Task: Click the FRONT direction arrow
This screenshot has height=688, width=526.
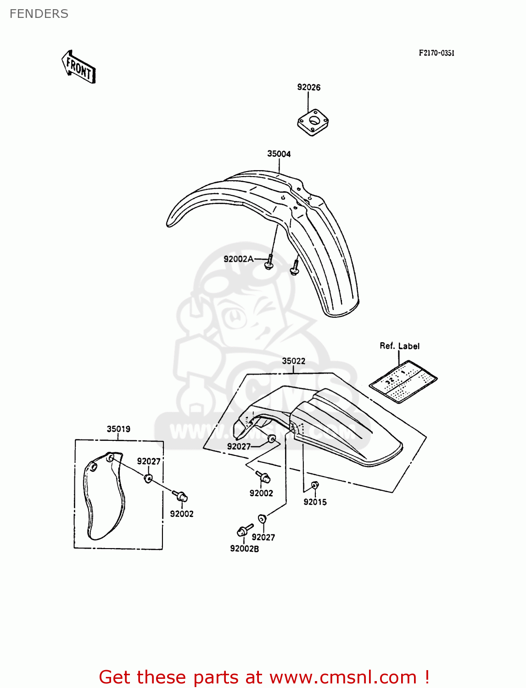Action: (x=79, y=67)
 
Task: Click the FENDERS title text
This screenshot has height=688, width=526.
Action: (x=39, y=14)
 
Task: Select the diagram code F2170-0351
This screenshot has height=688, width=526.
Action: (x=436, y=53)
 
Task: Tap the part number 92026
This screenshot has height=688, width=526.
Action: (x=308, y=87)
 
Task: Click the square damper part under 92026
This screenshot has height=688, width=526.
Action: (x=313, y=122)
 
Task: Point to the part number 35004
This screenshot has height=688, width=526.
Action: (x=279, y=154)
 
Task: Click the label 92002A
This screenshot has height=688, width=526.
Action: (x=238, y=259)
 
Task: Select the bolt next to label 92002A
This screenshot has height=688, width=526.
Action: (x=269, y=263)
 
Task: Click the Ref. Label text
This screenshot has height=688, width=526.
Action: (x=399, y=346)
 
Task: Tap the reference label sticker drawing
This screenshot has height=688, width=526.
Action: (x=403, y=381)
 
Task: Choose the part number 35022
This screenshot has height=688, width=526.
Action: (x=293, y=361)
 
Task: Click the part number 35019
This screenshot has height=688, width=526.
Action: (x=118, y=429)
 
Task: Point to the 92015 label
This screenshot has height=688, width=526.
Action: (x=315, y=502)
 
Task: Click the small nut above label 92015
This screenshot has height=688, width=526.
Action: (x=315, y=485)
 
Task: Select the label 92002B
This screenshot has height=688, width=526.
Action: (x=244, y=549)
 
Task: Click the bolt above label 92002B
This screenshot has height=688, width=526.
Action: (x=244, y=531)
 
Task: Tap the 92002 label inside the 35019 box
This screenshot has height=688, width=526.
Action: (x=182, y=514)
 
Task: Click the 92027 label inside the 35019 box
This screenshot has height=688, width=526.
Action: (x=149, y=461)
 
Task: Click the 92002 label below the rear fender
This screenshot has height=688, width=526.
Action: (x=261, y=493)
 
